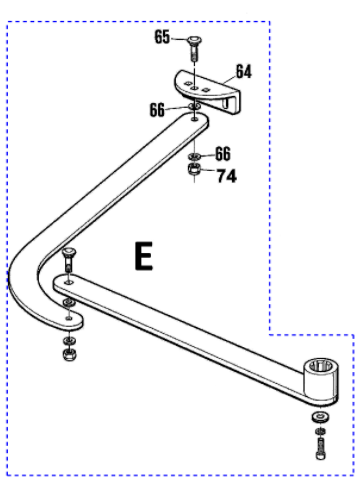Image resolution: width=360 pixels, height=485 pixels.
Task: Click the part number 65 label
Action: (162, 37)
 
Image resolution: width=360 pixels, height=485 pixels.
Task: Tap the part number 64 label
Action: (244, 71)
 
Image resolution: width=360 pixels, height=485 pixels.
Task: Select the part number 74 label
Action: (227, 176)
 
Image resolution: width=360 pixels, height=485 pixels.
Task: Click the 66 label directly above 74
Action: (223, 154)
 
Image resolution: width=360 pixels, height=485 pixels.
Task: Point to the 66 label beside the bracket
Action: (157, 110)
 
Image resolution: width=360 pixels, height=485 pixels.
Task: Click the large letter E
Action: (144, 256)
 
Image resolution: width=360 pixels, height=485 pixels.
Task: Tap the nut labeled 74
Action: (194, 169)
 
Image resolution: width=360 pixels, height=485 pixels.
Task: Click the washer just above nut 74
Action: (194, 156)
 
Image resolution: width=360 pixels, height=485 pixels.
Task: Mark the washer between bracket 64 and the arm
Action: (194, 106)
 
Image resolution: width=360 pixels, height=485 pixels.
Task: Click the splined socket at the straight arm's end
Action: (321, 379)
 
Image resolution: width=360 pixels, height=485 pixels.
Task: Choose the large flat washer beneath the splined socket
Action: (321, 417)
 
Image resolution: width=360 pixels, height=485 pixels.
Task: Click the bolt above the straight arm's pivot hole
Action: (68, 260)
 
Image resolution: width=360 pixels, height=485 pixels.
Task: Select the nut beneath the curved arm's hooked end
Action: (69, 355)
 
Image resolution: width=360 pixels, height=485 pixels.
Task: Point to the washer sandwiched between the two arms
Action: (69, 303)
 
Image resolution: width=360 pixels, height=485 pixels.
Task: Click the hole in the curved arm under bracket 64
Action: (194, 118)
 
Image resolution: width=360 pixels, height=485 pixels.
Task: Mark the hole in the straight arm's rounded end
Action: (69, 282)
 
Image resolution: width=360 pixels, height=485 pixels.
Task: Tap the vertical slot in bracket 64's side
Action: (226, 102)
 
